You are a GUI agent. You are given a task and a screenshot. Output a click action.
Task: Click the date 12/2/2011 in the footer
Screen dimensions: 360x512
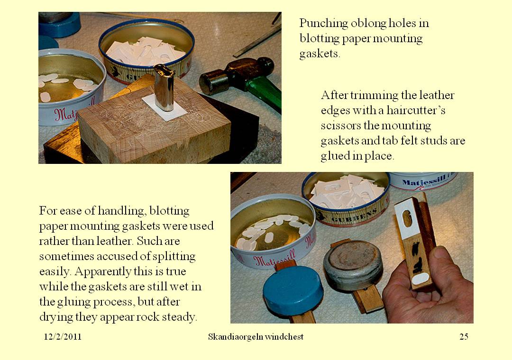point(63,337)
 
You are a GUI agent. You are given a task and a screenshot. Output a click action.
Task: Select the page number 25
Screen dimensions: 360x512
point(464,337)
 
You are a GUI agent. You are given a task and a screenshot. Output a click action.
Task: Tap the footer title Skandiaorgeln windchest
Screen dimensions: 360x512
point(256,337)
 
